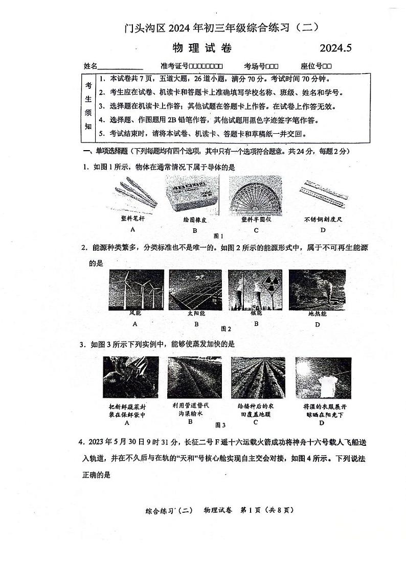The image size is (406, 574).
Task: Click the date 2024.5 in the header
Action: [336, 49]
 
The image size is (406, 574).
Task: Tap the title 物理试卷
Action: [202, 49]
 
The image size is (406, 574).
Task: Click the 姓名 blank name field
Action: [120, 66]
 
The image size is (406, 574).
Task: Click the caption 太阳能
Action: [196, 314]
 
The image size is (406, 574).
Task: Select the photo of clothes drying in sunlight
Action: [323, 378]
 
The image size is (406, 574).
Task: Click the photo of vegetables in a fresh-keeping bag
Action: [123, 378]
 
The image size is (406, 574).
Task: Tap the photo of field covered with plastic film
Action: [258, 378]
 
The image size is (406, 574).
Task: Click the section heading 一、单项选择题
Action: [106, 151]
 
